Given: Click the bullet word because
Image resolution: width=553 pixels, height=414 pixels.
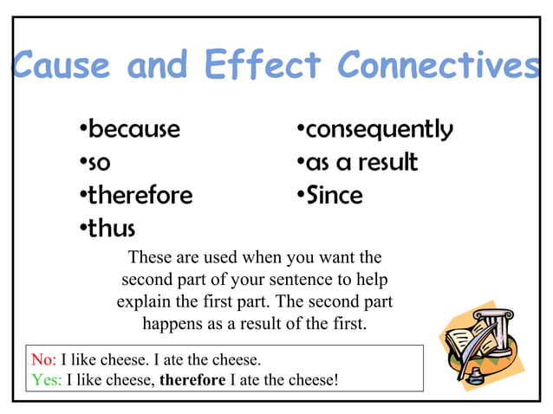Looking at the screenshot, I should click(134, 130).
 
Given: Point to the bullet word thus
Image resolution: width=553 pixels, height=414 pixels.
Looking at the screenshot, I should click(112, 230).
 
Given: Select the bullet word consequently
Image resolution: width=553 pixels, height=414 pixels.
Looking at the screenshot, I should click(379, 130).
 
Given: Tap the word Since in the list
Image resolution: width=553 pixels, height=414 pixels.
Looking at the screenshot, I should click(335, 195).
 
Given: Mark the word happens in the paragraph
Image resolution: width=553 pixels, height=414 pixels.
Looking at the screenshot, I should click(172, 325).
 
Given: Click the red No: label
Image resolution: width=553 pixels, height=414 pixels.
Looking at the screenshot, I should click(43, 359).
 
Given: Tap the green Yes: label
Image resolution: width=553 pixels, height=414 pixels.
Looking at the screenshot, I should click(46, 378).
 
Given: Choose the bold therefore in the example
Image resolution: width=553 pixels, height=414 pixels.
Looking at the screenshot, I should click(192, 378).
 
